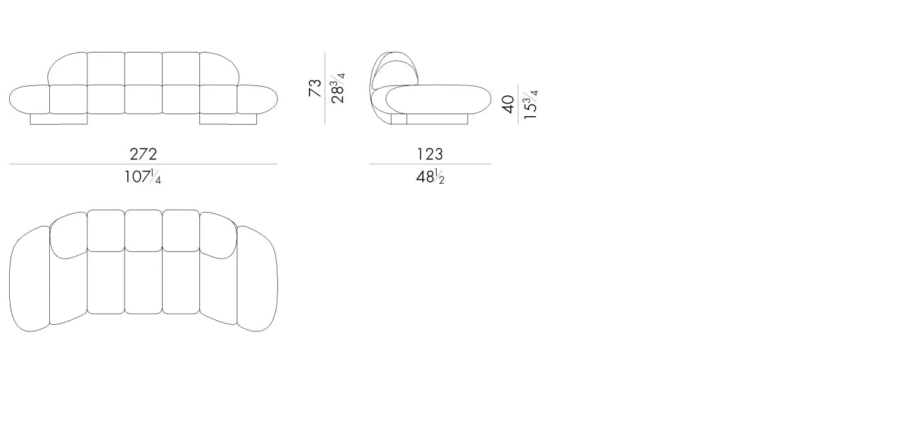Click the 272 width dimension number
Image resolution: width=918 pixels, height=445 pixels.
(x=144, y=154)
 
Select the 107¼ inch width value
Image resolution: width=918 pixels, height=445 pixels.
(x=143, y=177)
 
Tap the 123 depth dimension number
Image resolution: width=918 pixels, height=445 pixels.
(x=430, y=154)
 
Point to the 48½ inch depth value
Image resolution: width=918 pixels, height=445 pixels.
(x=430, y=177)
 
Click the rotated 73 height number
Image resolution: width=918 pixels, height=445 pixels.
(x=315, y=88)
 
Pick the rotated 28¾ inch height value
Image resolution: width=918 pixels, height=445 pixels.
(x=338, y=88)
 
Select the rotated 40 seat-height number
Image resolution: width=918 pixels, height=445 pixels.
(x=508, y=104)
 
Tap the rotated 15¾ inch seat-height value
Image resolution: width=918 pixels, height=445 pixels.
(x=530, y=104)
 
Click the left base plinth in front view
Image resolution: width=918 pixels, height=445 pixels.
(x=58, y=119)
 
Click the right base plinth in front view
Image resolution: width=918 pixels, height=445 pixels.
(x=228, y=119)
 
